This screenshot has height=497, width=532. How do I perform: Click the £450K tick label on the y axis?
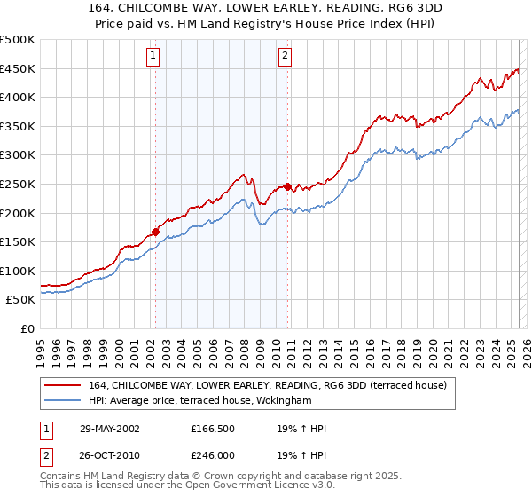coord(18,68)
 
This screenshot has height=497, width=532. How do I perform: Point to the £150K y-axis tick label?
coord(18,241)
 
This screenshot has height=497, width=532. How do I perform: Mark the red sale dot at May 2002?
coord(156,232)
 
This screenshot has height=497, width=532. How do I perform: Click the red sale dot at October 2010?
coord(288,186)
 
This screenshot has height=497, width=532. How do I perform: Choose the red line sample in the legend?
coord(63,384)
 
